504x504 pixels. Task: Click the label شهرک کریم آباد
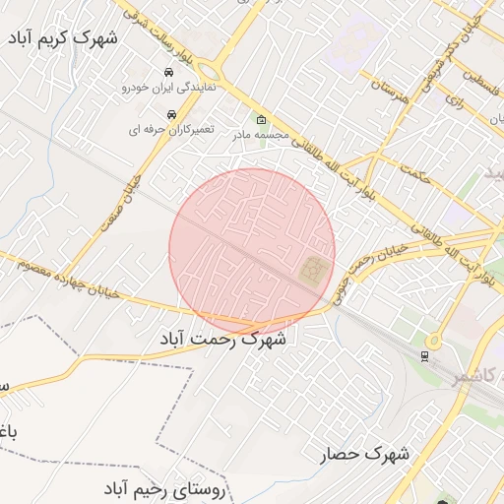[61, 38]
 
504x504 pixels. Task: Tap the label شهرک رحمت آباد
[223, 340]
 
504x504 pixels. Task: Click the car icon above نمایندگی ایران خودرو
[169, 73]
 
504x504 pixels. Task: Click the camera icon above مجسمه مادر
[261, 120]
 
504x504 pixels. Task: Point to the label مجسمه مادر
[262, 135]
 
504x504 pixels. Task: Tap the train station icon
[424, 355]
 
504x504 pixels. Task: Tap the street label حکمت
[417, 176]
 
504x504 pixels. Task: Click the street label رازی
[454, 101]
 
